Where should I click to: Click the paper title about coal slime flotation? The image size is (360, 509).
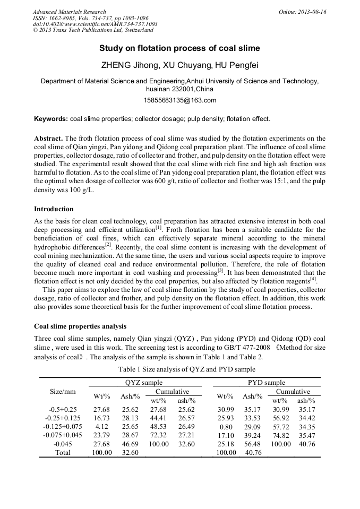coord(179,48)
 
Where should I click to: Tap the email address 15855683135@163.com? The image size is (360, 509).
coord(179,100)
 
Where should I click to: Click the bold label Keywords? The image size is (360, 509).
coord(51,119)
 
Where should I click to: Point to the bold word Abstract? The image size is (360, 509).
coord(48,138)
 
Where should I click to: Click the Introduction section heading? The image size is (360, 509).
coord(54,209)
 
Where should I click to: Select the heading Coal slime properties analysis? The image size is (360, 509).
coord(80,326)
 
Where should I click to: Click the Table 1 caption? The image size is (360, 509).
coord(180,369)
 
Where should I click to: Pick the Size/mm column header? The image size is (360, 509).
coord(63,392)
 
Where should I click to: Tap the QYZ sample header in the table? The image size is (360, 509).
coord(140,382)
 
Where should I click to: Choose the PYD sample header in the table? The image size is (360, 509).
coord(267,382)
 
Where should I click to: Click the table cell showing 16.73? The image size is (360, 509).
coord(101,418)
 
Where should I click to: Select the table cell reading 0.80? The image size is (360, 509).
coord(226,427)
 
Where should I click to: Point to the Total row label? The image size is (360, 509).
coord(63,452)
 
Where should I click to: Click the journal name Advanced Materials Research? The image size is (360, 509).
coord(69,12)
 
